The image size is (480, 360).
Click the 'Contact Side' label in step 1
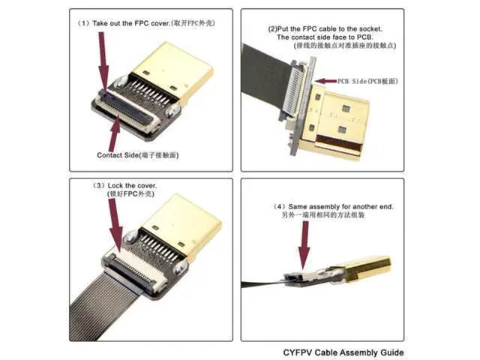tap(118, 155)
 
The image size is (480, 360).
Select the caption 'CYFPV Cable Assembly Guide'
tap(343, 352)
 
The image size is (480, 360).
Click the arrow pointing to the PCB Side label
tap(325, 81)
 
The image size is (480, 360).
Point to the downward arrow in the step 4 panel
tap(304, 245)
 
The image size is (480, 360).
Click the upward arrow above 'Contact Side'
tap(114, 133)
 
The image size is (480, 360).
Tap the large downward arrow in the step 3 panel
tap(115, 225)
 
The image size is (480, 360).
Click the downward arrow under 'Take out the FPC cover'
tap(103, 62)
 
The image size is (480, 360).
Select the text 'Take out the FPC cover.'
tap(131, 23)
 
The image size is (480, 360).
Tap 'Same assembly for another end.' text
tap(340, 207)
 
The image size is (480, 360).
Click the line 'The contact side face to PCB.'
tap(325, 37)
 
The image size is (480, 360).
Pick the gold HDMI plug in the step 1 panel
tap(172, 73)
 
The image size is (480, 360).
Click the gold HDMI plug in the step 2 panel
tap(337, 121)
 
